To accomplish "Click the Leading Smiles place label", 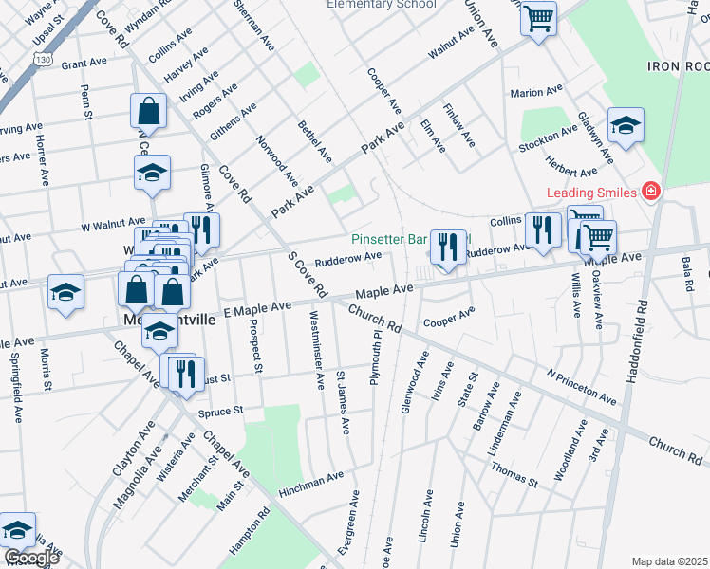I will (x=590, y=193).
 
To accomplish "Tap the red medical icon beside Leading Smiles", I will (x=650, y=193).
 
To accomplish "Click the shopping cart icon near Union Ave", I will (x=538, y=17).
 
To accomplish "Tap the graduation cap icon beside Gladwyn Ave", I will (x=626, y=125).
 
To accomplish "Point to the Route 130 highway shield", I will (x=40, y=59).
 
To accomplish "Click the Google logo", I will (x=30, y=558).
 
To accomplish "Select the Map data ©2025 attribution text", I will (x=670, y=561).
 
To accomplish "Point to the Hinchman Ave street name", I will (x=311, y=483).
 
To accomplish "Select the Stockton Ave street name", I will (x=548, y=139).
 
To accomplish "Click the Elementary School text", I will (x=381, y=5).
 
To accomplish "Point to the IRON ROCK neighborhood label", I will (x=678, y=66).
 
